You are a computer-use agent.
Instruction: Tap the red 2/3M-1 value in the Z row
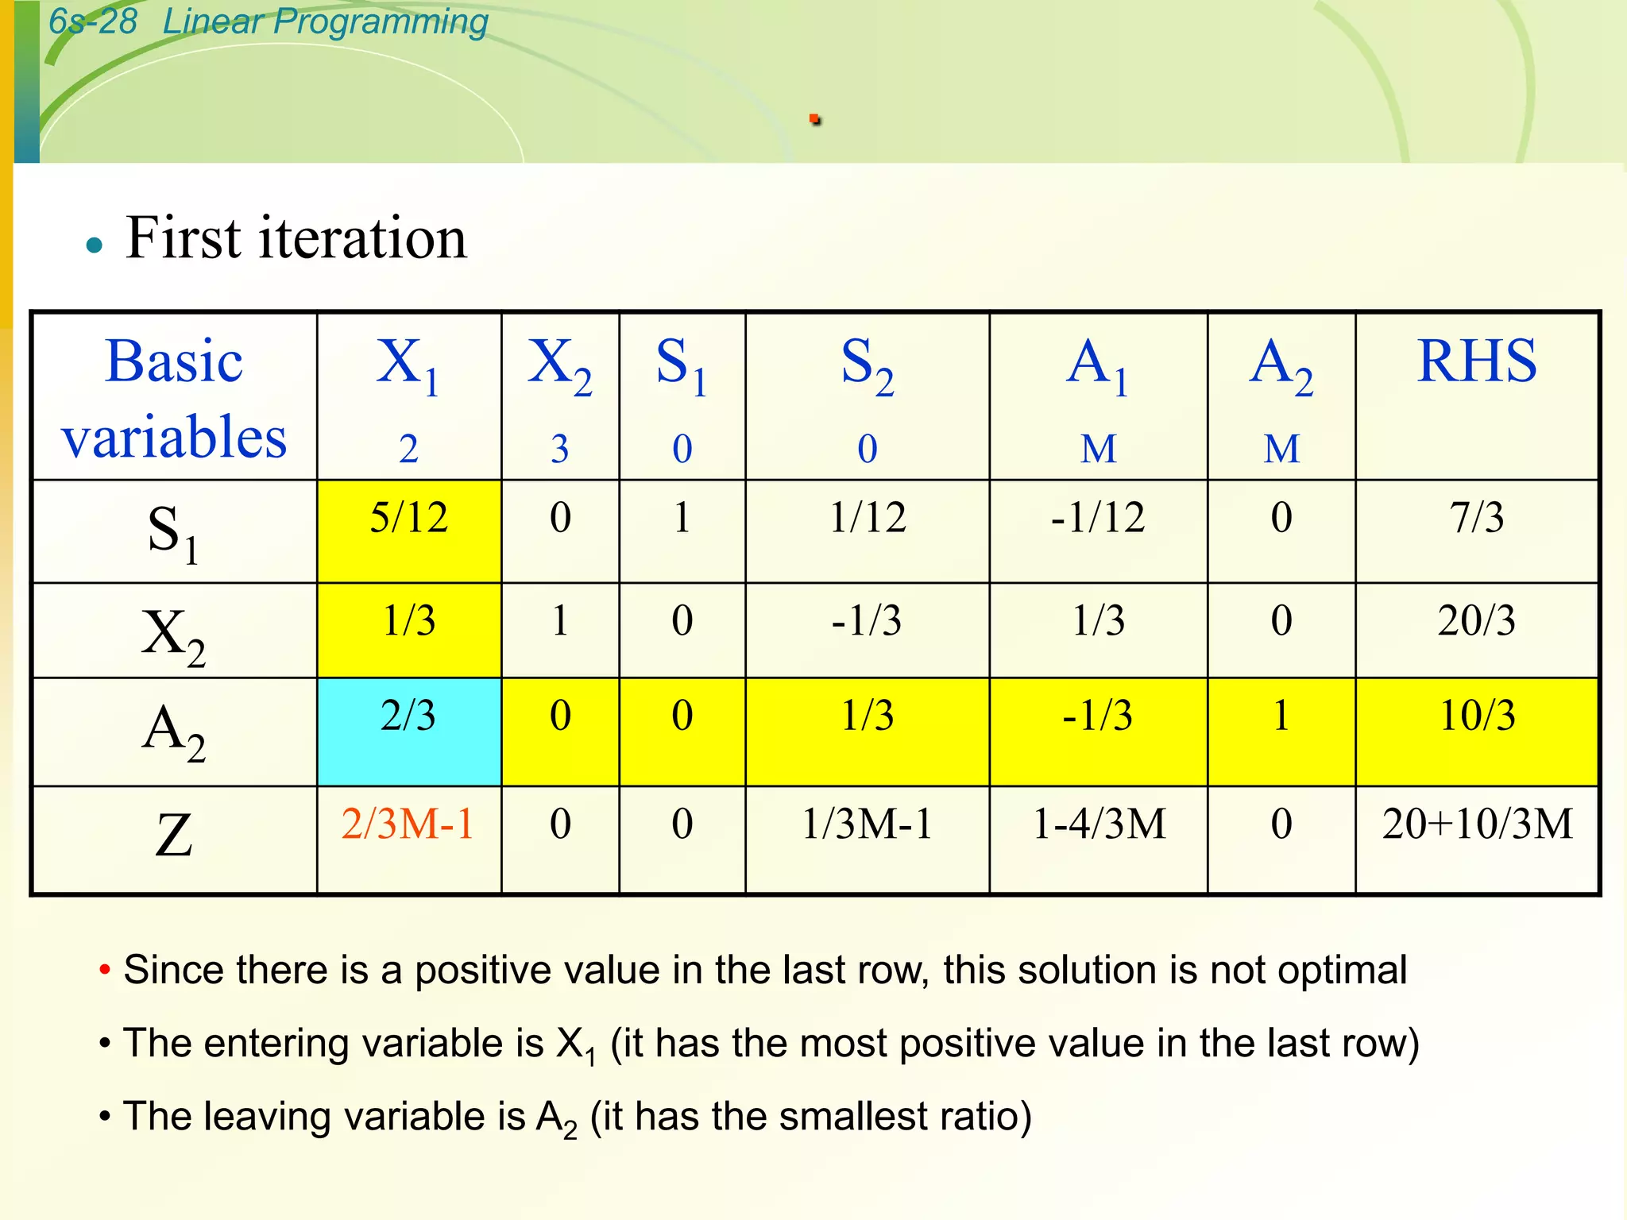coord(408,824)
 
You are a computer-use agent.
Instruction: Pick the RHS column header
coord(1477,362)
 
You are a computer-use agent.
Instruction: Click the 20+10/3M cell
coord(1477,824)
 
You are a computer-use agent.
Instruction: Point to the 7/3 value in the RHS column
coord(1477,518)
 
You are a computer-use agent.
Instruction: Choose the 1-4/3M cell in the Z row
coord(1099,824)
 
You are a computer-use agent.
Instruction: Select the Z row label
coord(174,836)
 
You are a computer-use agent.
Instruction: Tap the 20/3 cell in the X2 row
coord(1477,620)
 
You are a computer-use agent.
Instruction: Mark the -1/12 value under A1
coord(1099,518)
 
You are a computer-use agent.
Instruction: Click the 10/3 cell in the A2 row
coord(1477,716)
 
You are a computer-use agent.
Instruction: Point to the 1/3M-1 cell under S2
coord(868,824)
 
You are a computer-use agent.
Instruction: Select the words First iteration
coord(296,238)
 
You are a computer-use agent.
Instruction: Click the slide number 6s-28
coord(93,21)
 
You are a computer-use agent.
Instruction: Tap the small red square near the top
coord(814,120)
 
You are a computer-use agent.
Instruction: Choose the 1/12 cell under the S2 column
coord(868,518)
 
